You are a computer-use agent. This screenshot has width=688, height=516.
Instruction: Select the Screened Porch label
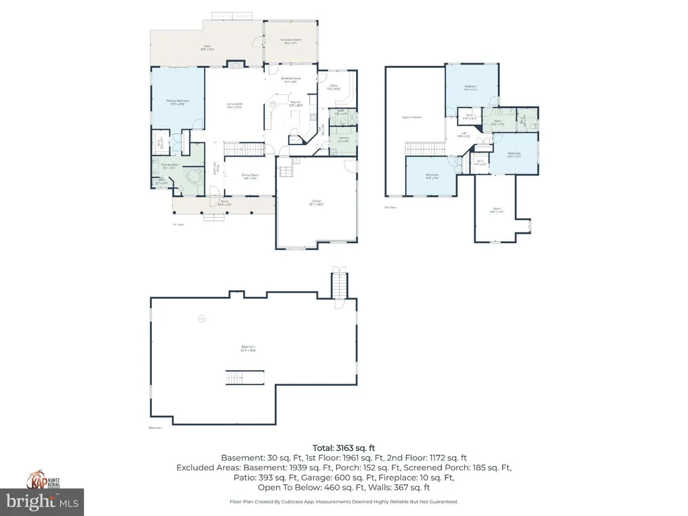pos(291,41)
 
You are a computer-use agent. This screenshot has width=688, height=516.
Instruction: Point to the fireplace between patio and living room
pos(235,64)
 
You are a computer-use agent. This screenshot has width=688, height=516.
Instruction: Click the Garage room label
pos(316,202)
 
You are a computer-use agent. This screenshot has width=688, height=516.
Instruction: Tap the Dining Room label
pos(250,176)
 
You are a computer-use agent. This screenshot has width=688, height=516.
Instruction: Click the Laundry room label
pos(342,140)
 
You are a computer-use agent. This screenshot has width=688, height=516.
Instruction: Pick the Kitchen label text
pos(296,104)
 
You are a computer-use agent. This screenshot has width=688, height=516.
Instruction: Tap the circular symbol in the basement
pos(200,319)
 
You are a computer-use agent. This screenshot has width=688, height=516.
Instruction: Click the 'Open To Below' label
pos(411,117)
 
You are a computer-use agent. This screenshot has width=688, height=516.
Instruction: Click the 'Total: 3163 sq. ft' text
pos(344,448)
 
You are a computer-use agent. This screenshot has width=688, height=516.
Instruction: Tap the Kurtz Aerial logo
pos(42,480)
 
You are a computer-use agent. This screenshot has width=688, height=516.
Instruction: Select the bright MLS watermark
pos(42,501)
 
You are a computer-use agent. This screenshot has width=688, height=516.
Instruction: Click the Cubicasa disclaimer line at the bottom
pos(344,501)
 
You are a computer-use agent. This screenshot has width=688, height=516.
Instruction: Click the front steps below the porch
pos(215,216)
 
